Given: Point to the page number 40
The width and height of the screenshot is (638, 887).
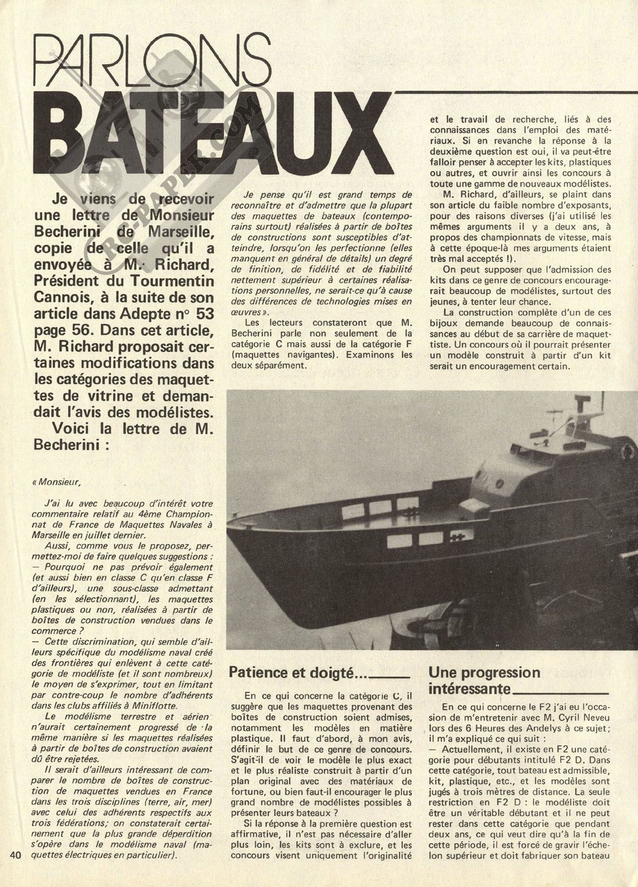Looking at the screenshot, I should tap(15, 870).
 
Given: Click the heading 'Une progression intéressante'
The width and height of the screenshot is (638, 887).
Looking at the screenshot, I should tap(484, 680).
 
